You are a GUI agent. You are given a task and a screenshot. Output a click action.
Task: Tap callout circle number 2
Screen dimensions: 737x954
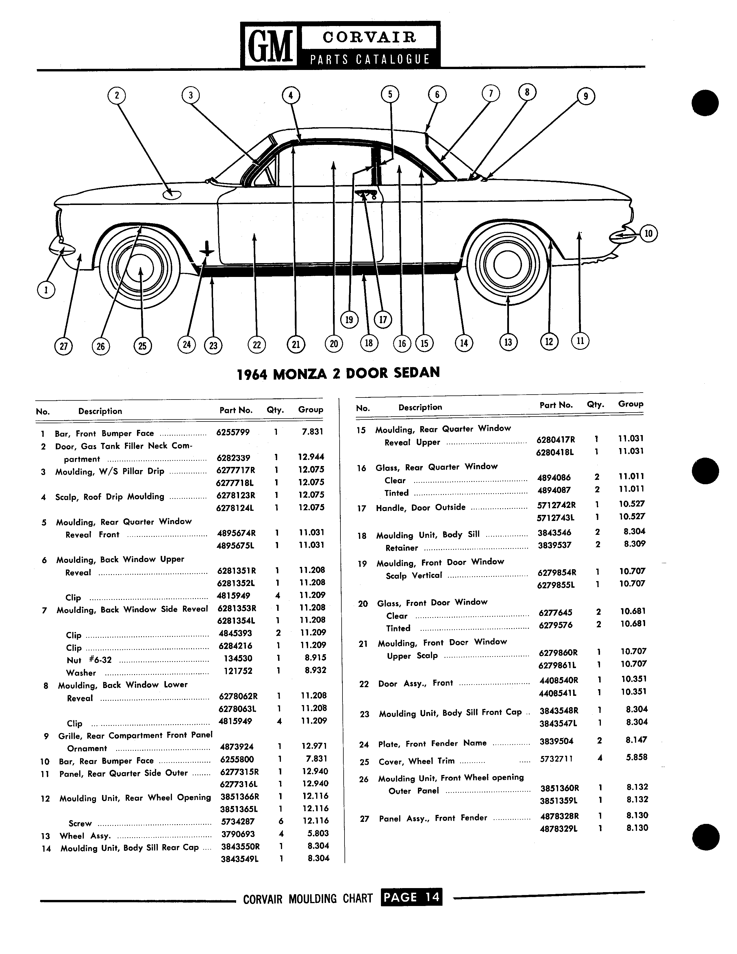click(116, 95)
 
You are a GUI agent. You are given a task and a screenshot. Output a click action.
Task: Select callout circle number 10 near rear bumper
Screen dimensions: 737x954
click(648, 234)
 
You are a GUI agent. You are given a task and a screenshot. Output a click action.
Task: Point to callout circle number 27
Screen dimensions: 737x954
click(63, 346)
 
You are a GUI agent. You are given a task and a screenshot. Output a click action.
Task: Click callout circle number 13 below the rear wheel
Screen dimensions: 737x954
click(508, 342)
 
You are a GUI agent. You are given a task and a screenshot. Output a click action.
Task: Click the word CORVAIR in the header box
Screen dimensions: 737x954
click(369, 37)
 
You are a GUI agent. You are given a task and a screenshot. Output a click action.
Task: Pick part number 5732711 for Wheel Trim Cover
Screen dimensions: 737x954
click(557, 759)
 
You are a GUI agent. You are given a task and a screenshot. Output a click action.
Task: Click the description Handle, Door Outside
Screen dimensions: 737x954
click(421, 508)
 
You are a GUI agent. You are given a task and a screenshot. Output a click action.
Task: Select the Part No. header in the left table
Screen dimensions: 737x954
click(236, 410)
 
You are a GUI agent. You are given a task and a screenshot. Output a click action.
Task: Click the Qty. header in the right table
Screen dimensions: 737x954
click(596, 404)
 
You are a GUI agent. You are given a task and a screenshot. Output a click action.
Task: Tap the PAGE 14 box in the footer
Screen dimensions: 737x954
click(411, 897)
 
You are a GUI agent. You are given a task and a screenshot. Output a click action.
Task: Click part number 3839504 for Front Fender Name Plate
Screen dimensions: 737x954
click(557, 741)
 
